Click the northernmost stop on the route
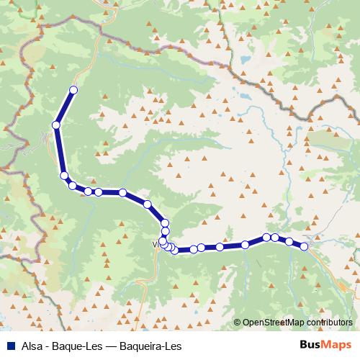[73, 90]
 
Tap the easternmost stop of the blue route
[304, 247]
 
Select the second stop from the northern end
[55, 125]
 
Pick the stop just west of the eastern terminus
[289, 242]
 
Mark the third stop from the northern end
[64, 176]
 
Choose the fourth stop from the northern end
[72, 186]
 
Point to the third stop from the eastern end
[275, 237]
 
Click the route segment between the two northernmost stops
[64, 108]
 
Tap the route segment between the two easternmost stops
[297, 244]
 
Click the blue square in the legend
[8, 346]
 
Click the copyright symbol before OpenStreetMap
[238, 323]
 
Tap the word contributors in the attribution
[327, 323]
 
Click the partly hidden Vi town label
[156, 244]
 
